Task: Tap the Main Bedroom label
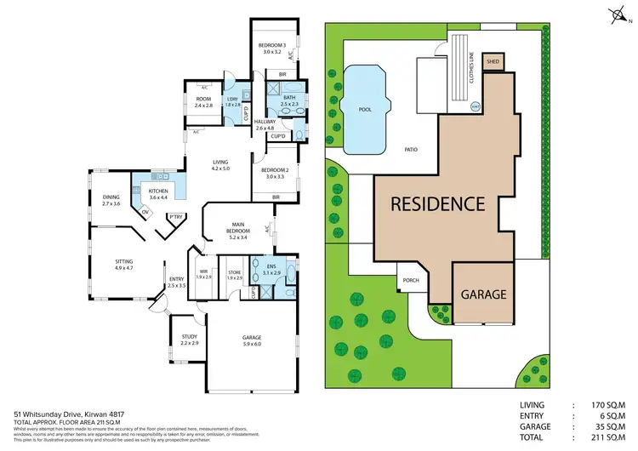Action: click(237, 229)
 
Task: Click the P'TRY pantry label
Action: click(176, 216)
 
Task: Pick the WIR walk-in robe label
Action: click(202, 274)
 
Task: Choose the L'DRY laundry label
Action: click(231, 101)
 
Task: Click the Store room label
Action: click(235, 274)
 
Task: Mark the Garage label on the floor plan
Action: click(253, 340)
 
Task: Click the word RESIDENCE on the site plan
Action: click(437, 204)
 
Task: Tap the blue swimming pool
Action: click(364, 108)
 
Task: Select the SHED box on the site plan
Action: click(492, 62)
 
